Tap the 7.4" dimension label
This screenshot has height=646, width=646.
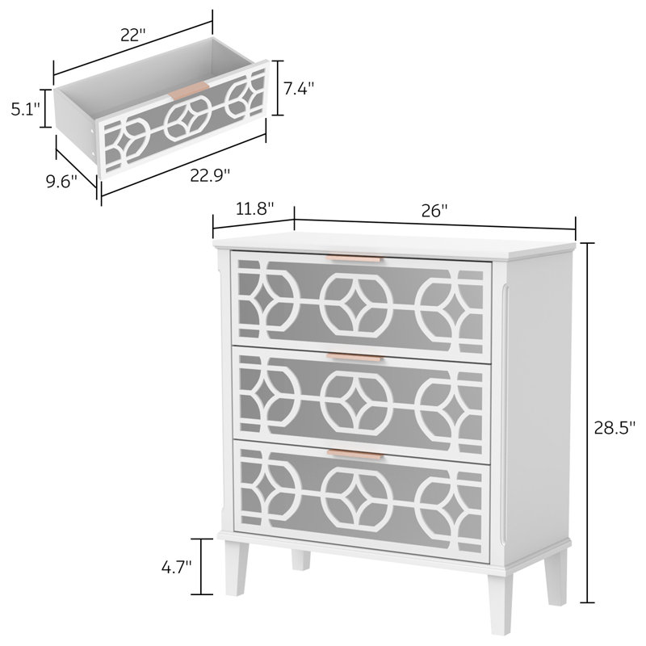299,88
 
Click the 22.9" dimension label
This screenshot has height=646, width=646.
210,174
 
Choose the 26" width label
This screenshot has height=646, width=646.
434,211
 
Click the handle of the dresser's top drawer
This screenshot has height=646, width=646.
355,259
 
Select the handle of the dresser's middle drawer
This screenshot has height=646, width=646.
355,356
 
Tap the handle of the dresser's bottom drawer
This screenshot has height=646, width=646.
355,455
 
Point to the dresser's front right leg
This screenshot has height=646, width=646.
556,582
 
